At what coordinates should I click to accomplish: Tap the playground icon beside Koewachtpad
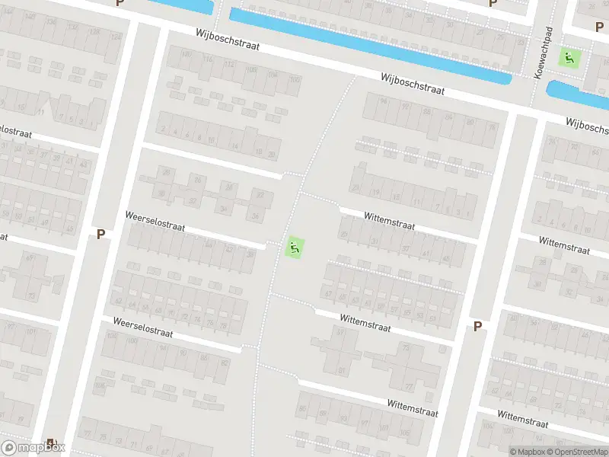(x=569, y=56)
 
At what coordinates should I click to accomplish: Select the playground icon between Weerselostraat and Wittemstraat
(x=295, y=247)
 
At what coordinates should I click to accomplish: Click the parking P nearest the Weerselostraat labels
(x=100, y=235)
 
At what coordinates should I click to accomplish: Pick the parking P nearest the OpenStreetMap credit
(x=478, y=326)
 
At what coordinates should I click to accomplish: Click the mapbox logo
(x=33, y=448)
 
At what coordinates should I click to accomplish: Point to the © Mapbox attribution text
(x=528, y=452)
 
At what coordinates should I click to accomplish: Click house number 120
(x=186, y=53)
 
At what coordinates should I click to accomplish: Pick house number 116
(x=208, y=59)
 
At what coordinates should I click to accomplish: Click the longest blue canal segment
(x=369, y=46)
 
